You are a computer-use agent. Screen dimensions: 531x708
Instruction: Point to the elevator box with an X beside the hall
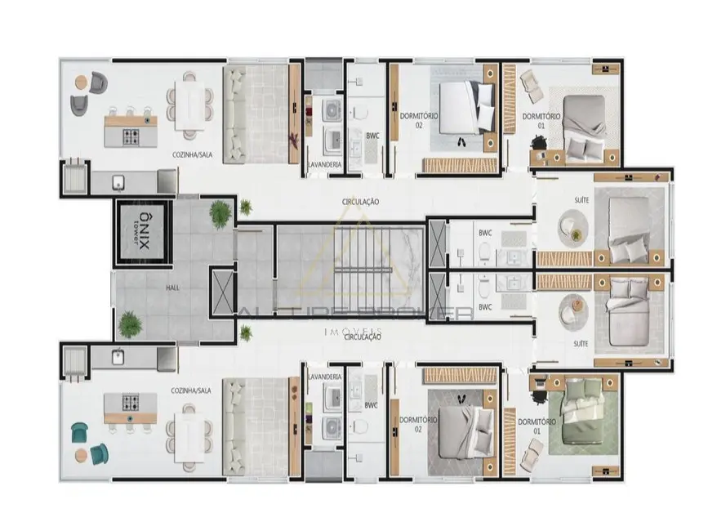[221, 292]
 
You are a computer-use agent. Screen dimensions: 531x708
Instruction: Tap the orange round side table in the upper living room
[82, 83]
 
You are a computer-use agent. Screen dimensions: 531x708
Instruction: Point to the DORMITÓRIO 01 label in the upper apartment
[541, 121]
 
